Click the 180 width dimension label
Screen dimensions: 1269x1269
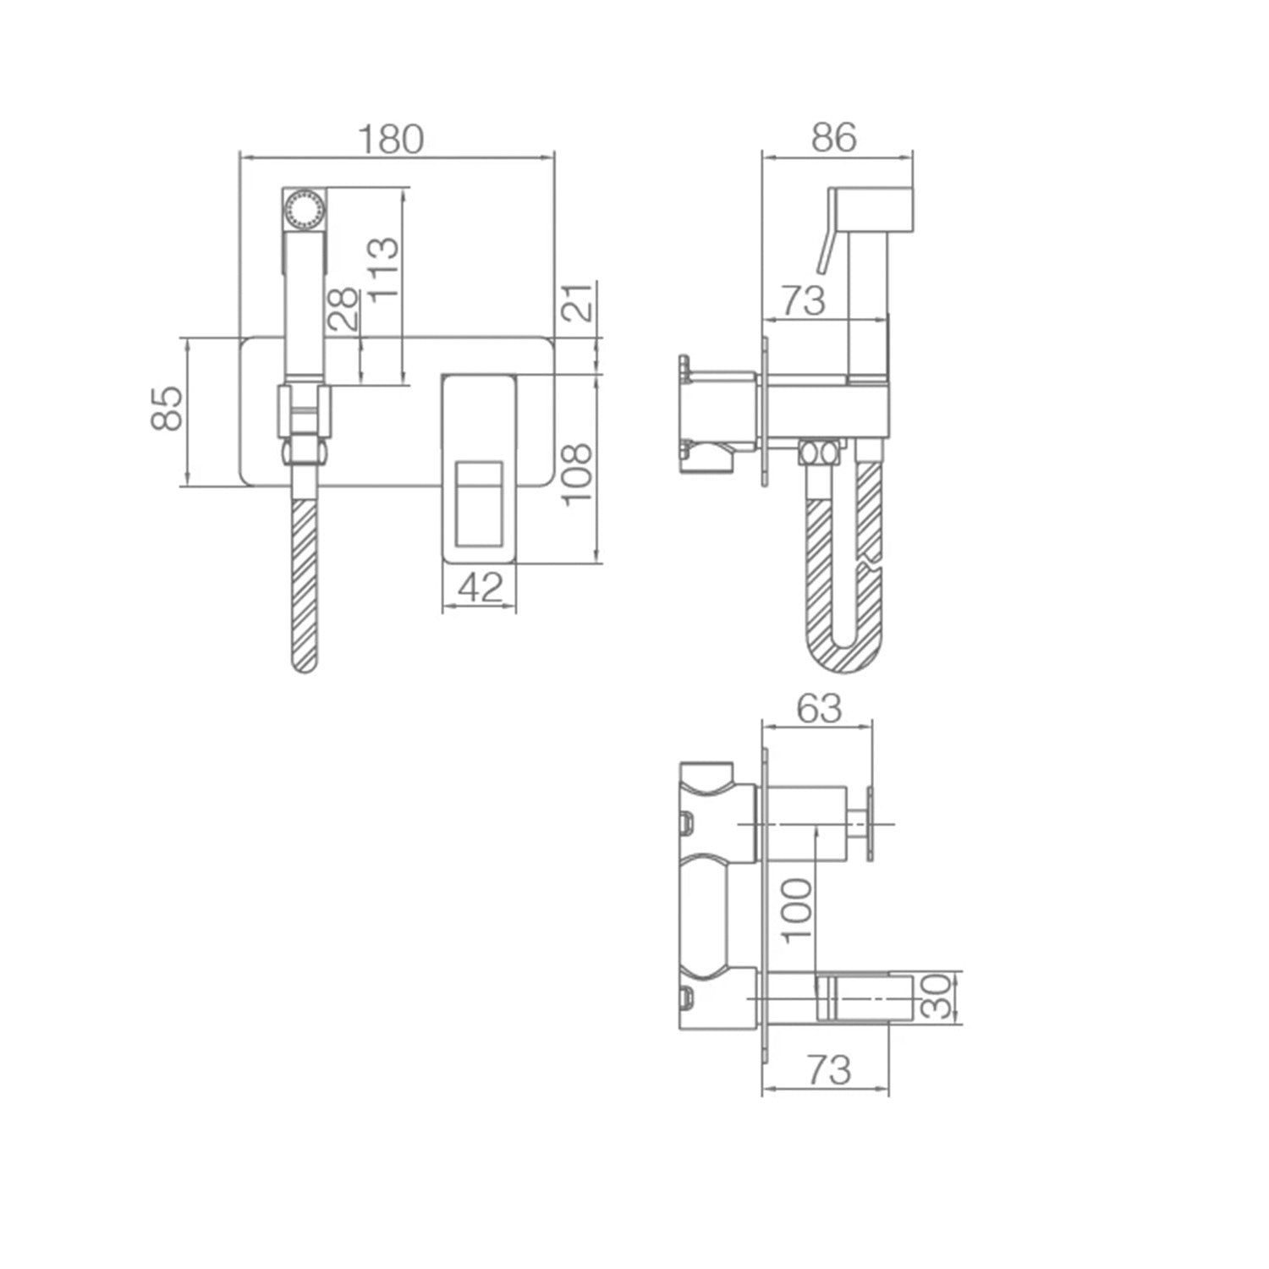(x=391, y=139)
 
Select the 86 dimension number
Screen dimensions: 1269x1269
(x=833, y=137)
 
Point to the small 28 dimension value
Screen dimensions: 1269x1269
(x=343, y=310)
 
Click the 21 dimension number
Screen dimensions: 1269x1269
(x=579, y=302)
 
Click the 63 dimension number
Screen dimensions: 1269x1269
(x=818, y=708)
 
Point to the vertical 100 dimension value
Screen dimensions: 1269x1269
(x=796, y=910)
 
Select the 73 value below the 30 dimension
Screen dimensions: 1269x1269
(x=827, y=1071)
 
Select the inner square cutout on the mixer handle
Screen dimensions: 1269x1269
(x=479, y=503)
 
